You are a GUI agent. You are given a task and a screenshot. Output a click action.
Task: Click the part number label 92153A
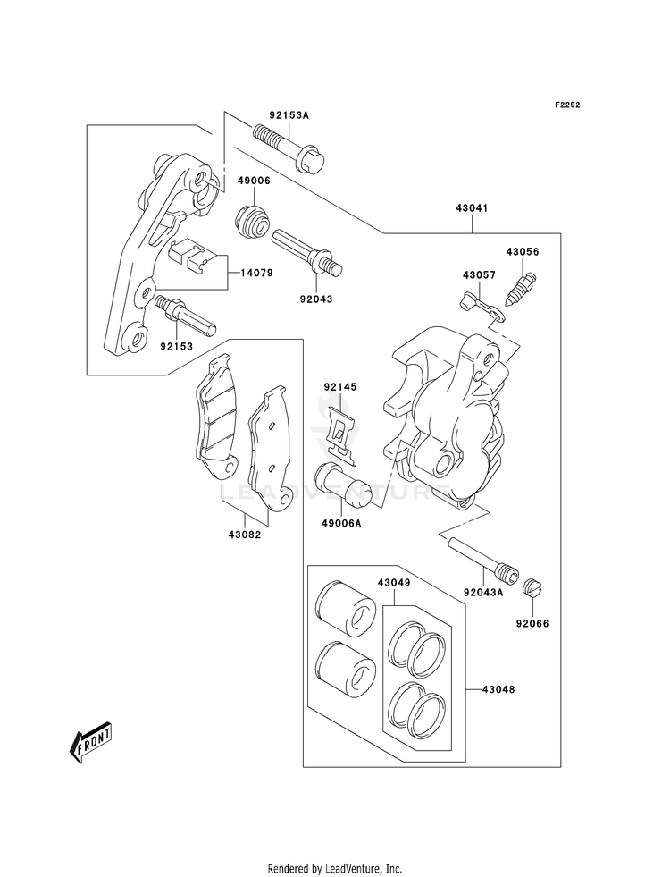289,116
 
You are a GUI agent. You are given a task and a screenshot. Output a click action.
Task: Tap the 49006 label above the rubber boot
254,181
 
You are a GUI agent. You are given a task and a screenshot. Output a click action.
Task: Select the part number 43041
473,208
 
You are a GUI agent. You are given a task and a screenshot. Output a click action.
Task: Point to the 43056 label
523,252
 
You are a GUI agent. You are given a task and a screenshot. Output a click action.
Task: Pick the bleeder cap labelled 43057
482,307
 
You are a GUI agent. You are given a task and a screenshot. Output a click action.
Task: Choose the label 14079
256,273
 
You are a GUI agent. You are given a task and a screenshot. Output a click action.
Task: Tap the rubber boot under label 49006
253,222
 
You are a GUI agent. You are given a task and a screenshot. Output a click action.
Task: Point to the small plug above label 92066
533,588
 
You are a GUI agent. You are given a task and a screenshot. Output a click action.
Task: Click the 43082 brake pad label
244,534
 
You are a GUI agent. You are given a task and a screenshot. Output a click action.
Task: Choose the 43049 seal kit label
393,583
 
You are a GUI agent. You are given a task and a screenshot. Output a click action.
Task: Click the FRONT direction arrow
89,742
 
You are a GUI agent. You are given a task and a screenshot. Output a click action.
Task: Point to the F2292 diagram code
567,105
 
